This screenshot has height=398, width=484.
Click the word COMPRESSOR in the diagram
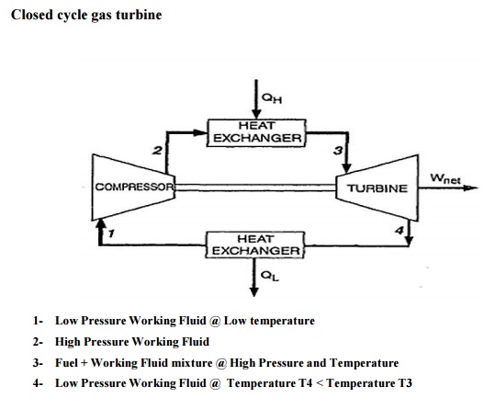click(x=135, y=187)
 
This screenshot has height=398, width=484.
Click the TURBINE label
click(x=377, y=188)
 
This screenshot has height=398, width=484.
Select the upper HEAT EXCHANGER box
click(x=256, y=132)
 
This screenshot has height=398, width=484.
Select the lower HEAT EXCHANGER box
click(x=255, y=244)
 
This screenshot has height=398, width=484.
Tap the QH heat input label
click(x=272, y=98)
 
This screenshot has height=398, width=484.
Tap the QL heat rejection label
click(x=270, y=276)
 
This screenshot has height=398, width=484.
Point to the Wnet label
click(x=445, y=178)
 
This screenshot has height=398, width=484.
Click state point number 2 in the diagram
click(x=157, y=151)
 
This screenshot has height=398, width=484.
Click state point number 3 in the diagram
click(x=338, y=151)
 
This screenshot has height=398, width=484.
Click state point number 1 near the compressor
click(x=111, y=233)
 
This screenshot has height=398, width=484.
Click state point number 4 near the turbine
click(x=400, y=230)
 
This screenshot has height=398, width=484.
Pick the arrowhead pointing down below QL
click(x=254, y=292)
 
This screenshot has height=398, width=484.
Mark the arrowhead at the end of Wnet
click(x=471, y=188)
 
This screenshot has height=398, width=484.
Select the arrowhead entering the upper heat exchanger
click(x=200, y=132)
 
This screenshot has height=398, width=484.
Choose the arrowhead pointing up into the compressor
click(x=100, y=223)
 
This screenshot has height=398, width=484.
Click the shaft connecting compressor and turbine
click(x=255, y=188)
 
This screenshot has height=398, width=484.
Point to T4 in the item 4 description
click(x=306, y=383)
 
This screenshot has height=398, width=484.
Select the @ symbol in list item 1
click(x=215, y=321)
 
